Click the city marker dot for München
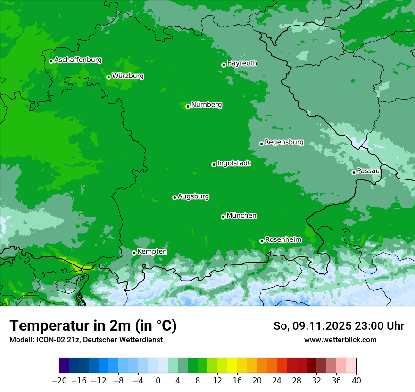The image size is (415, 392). [x=223, y=217]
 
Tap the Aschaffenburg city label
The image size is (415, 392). [x=78, y=60]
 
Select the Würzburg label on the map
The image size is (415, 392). [x=128, y=76]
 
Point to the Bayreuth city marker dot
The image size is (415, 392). [x=224, y=65]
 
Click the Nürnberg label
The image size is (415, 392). [x=206, y=105]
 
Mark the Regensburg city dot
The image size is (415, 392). [x=261, y=143]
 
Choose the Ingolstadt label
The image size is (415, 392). [x=233, y=163]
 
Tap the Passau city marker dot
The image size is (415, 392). [x=354, y=172]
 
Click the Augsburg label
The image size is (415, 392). [x=193, y=196]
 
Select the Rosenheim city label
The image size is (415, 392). [x=283, y=240]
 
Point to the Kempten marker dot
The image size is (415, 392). [x=134, y=253]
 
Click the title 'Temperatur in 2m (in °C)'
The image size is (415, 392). [x=93, y=326]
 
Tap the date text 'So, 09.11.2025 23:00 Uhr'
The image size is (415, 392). [x=339, y=326]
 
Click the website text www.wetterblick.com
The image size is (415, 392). [x=340, y=340]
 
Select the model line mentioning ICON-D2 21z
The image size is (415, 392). [x=86, y=340]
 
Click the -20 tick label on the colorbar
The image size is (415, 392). [x=59, y=381]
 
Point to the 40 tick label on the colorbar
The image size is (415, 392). [x=356, y=381]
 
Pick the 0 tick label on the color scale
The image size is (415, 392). [x=158, y=381]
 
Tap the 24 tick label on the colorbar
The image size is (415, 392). [x=277, y=381]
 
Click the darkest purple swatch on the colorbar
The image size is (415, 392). [x=64, y=366]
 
